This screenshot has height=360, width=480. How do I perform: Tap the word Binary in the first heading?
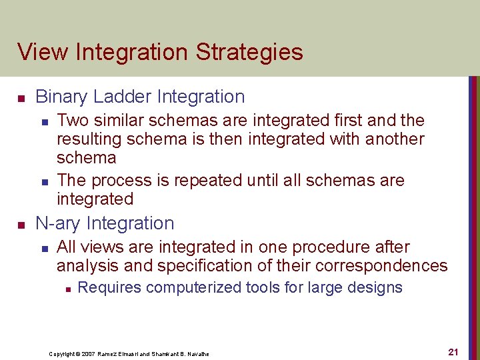click(62, 97)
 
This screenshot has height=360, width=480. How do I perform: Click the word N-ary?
click(59, 223)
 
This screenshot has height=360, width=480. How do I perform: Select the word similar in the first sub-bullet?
click(119, 121)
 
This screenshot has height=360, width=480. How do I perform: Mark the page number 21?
click(453, 352)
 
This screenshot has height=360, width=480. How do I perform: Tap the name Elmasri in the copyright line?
click(130, 353)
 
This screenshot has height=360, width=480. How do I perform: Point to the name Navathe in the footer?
click(196, 353)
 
